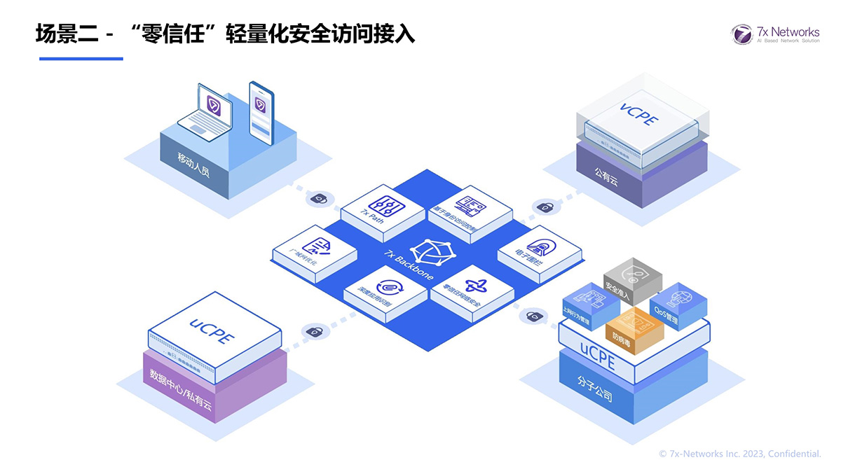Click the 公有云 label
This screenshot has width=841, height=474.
click(606, 175)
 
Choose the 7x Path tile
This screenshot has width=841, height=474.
click(383, 206)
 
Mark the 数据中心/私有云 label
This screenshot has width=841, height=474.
click(178, 389)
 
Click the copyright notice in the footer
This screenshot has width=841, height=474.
click(740, 454)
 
